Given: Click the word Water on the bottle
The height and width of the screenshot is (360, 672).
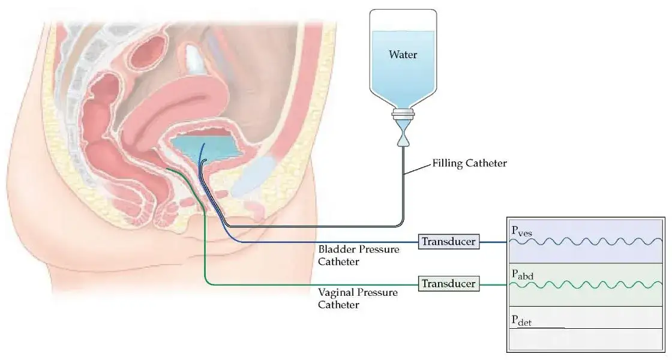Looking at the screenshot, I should point(403,55).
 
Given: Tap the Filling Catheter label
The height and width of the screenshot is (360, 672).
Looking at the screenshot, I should point(469,163).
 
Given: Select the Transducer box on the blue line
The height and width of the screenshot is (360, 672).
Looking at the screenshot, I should point(449,242).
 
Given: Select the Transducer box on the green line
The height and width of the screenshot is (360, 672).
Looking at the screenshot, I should point(449,283).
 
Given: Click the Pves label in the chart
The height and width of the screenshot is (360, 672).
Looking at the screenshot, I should point(521,230).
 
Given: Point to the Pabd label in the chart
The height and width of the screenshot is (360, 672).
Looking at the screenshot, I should point(522,274).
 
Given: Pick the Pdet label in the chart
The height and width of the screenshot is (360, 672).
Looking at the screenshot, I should point(521,320).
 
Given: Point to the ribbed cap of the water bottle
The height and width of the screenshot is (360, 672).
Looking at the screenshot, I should point(403,113).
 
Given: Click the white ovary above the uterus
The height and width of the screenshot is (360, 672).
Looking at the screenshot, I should point(194,59).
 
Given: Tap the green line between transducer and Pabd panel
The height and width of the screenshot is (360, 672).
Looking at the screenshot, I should point(494,283).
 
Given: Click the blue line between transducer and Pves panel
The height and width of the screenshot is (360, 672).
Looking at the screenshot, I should point(494,242).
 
